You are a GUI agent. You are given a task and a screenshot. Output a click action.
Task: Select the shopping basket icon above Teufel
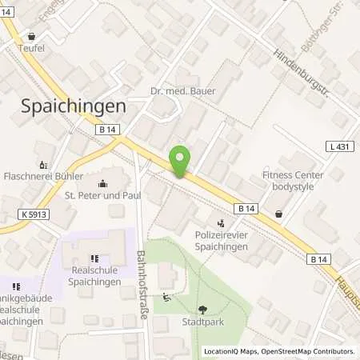pyautogui.click(x=32, y=36)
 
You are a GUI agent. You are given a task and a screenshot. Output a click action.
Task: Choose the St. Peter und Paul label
pyautogui.click(x=102, y=194)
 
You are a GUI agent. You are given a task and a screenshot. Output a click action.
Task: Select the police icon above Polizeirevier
pyautogui.click(x=222, y=223)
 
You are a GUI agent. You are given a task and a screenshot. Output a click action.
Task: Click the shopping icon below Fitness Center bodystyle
pyautogui.click(x=278, y=214)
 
